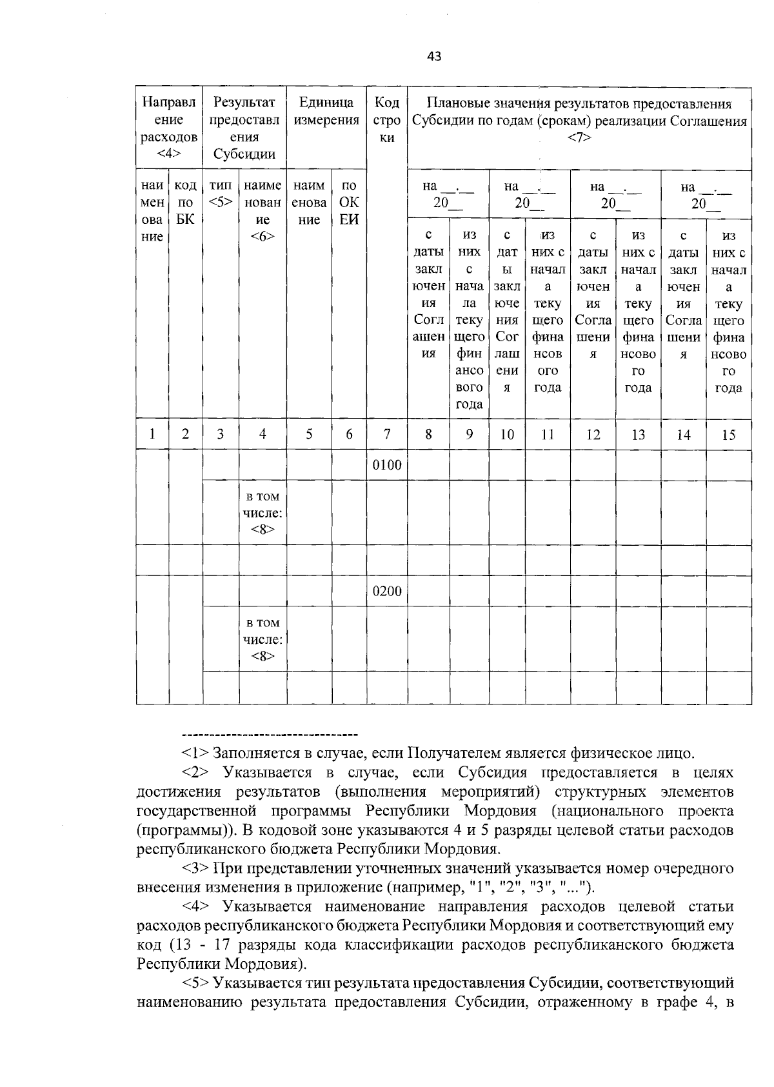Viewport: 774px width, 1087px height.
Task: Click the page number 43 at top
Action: coord(434,56)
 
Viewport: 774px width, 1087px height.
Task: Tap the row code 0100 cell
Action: coord(387,466)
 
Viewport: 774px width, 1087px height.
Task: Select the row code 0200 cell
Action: coord(387,592)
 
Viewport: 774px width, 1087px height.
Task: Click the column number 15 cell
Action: coord(728,435)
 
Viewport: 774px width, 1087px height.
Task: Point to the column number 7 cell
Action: coord(387,435)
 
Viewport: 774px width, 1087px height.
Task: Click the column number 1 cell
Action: coord(152,435)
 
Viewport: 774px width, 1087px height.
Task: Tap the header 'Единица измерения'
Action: coord(326,112)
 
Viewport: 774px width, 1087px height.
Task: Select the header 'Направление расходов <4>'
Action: coord(169,128)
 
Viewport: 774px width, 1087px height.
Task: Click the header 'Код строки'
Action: coord(387,120)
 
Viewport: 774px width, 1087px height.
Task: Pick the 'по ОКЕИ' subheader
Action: coord(349,203)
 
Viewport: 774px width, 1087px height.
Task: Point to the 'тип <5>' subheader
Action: coord(221,194)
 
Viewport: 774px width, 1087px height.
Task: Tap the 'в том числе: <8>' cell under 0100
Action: coord(263,514)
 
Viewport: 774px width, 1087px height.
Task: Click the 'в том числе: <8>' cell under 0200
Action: coord(263,639)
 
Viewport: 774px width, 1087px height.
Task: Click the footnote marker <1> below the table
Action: coord(195,753)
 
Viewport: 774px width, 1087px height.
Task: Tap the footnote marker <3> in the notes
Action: coord(195,868)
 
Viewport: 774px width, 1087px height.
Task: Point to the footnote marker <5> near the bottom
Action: coord(195,983)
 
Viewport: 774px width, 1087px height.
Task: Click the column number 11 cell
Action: coord(547,435)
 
